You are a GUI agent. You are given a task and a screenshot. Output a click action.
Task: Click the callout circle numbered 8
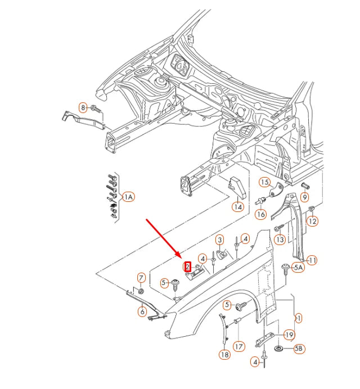[83, 107]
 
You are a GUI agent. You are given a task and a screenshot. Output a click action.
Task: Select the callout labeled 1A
[128, 197]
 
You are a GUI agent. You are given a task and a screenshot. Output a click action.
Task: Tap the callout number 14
[238, 207]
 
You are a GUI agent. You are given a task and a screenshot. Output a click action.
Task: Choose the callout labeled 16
[260, 214]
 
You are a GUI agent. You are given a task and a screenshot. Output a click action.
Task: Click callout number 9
[305, 197]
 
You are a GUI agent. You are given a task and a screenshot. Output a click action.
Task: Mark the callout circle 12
[312, 221]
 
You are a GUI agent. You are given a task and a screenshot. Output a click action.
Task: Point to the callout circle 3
[220, 240]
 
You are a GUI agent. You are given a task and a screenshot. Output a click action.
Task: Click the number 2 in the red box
[188, 267]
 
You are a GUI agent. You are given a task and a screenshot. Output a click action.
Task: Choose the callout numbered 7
[141, 278]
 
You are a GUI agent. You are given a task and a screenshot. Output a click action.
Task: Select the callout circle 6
[142, 311]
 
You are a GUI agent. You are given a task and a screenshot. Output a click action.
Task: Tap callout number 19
[289, 335]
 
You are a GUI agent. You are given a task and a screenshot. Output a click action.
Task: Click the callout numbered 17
[239, 347]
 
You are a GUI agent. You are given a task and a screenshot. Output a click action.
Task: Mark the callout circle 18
[224, 355]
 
